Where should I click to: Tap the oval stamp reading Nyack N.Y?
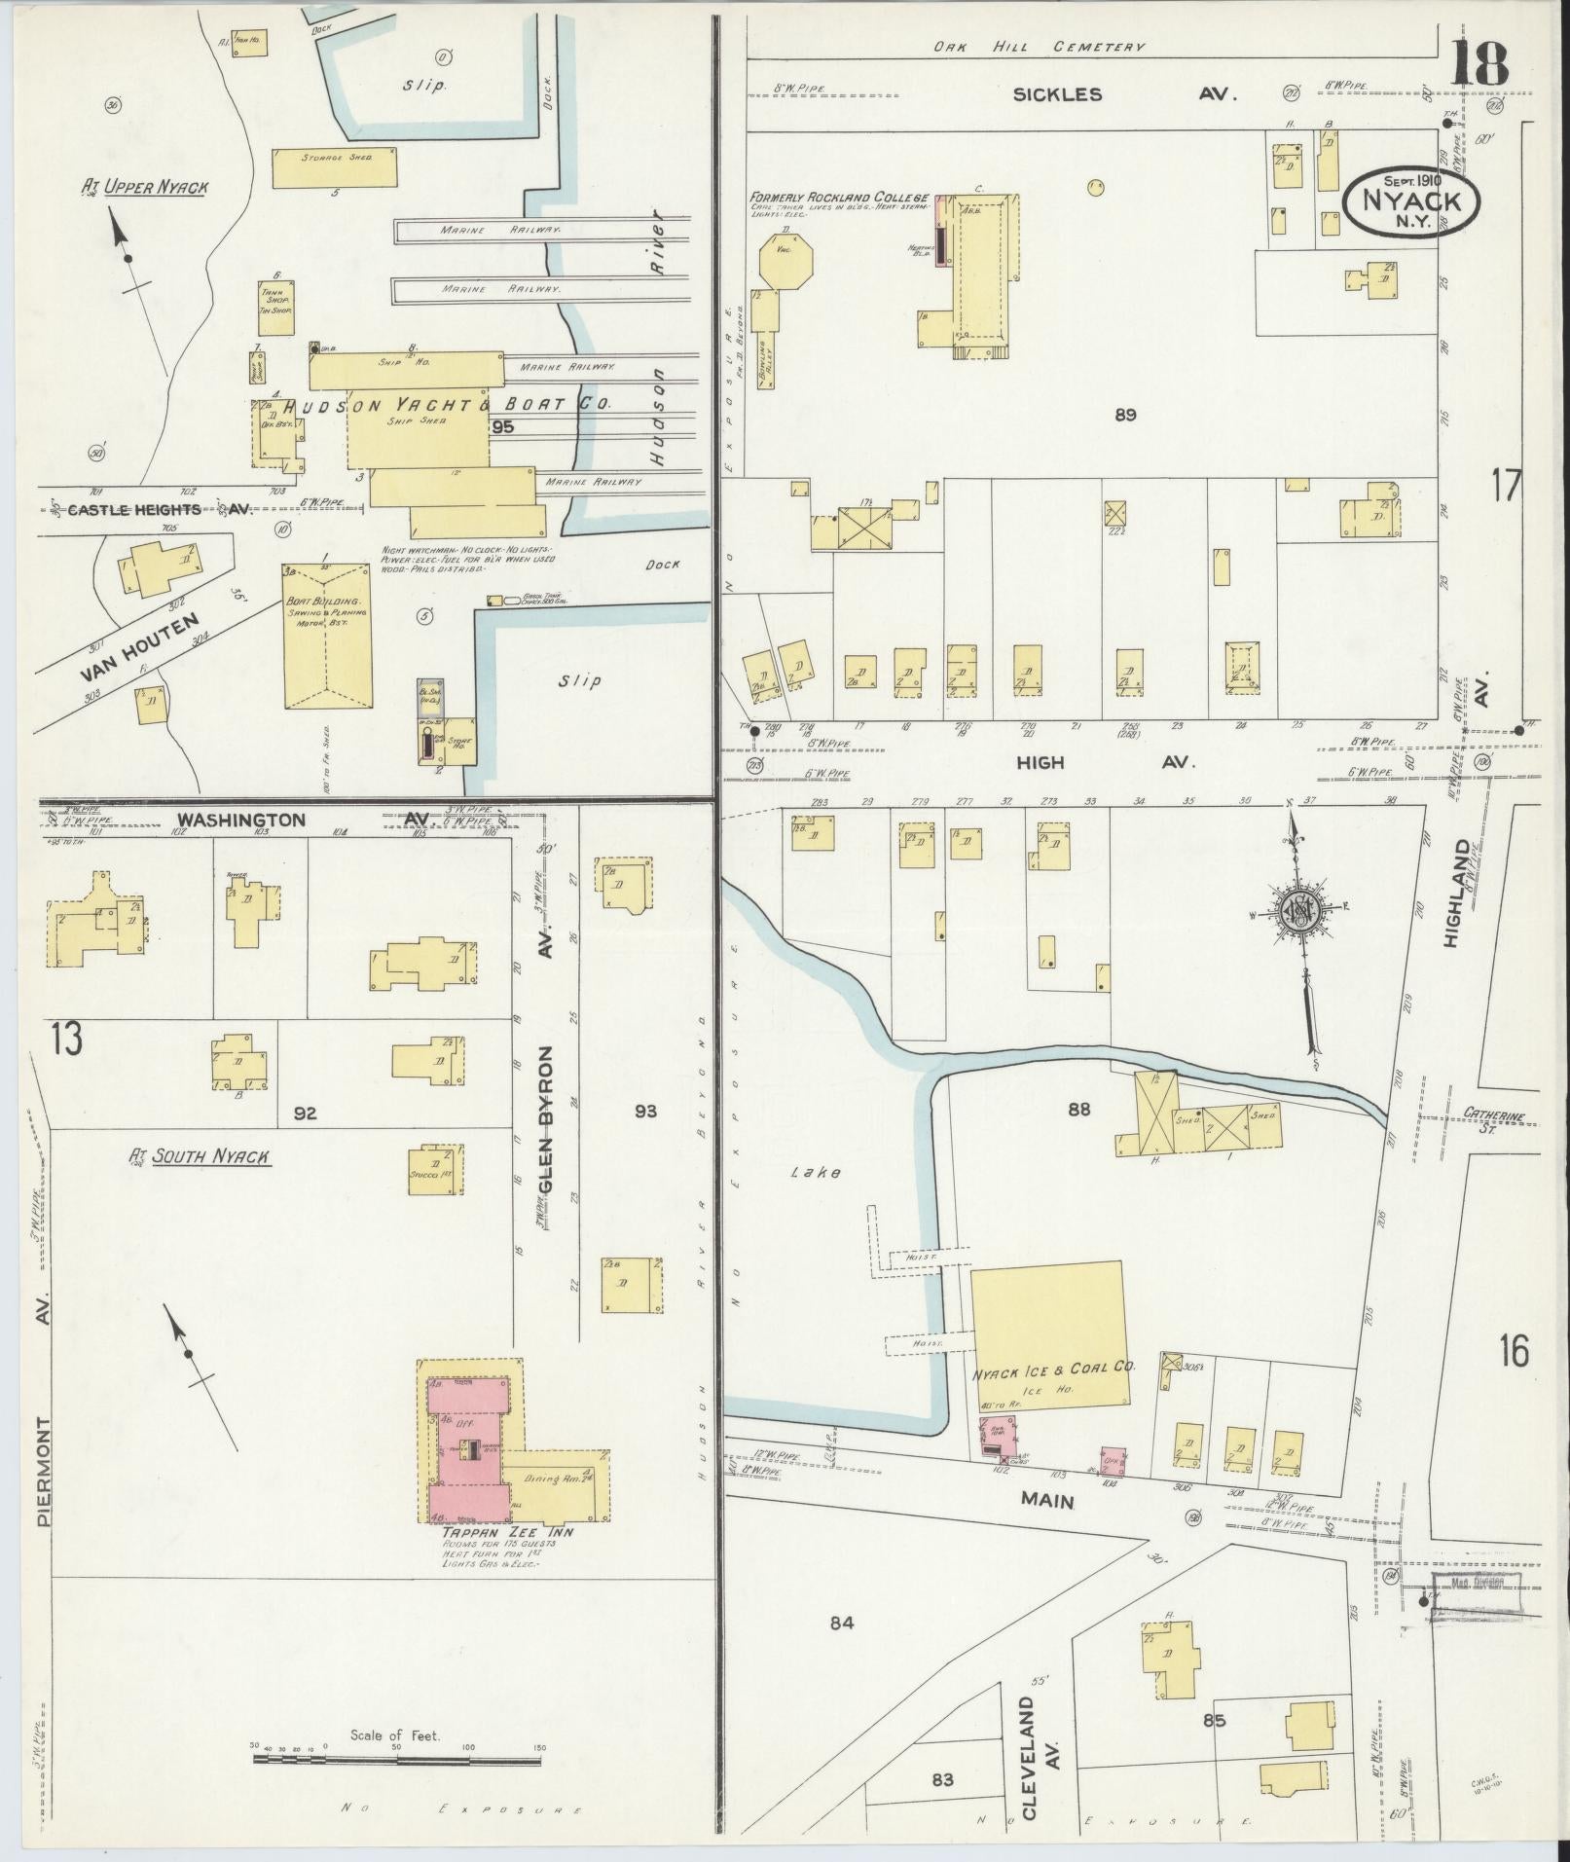click(1413, 201)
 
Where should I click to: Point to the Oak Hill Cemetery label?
click(1039, 47)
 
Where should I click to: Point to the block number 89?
click(1126, 416)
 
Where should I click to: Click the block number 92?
click(306, 1113)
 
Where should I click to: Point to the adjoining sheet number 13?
click(66, 1041)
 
